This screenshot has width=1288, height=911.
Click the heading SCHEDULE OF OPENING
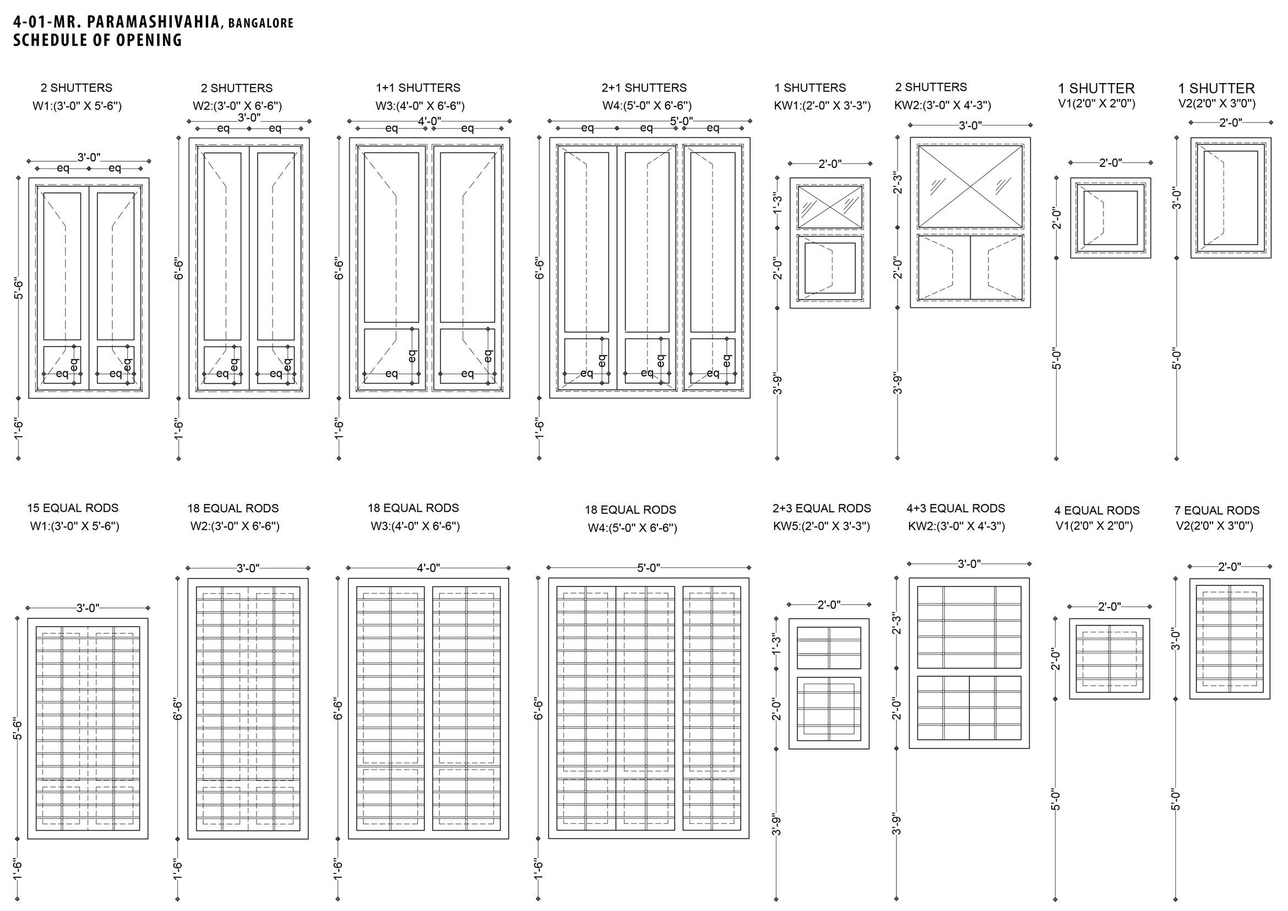[97, 40]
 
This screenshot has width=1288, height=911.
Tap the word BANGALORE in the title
[261, 24]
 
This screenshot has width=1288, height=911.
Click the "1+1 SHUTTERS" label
[418, 88]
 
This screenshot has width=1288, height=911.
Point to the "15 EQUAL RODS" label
[73, 508]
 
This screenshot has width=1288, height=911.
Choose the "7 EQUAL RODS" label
[1217, 511]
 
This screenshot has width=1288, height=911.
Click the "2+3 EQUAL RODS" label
[821, 508]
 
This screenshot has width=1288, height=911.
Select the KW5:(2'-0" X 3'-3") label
[821, 526]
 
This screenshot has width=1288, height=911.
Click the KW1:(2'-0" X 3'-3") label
[822, 105]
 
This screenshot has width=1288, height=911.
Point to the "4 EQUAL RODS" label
[1097, 511]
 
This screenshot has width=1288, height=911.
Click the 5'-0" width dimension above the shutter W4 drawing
[681, 121]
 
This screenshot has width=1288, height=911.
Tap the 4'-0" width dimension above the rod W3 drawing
[428, 568]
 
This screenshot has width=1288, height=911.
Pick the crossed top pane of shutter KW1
[830, 208]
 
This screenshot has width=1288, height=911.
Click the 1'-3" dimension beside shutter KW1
[778, 203]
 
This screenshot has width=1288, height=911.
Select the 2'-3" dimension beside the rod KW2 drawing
[897, 623]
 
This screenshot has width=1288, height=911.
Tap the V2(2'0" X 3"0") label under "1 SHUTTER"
[1217, 104]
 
